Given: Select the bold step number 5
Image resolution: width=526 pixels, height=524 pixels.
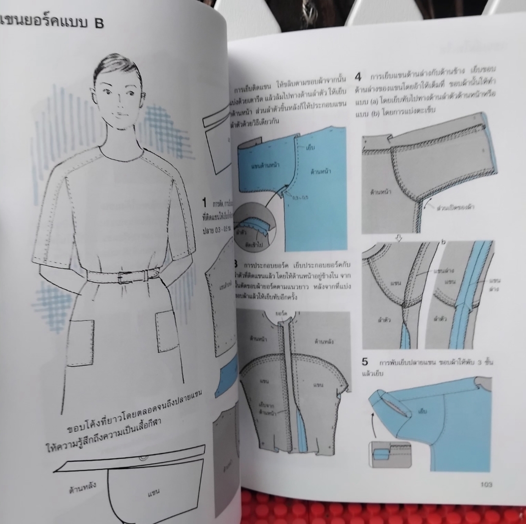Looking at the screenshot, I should click(x=365, y=362).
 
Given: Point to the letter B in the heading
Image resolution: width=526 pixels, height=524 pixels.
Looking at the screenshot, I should click(x=98, y=23).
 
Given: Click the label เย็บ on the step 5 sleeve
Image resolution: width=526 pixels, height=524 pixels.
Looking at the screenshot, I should click(x=423, y=412).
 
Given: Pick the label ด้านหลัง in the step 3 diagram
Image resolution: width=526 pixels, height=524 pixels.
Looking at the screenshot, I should click(x=324, y=339).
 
